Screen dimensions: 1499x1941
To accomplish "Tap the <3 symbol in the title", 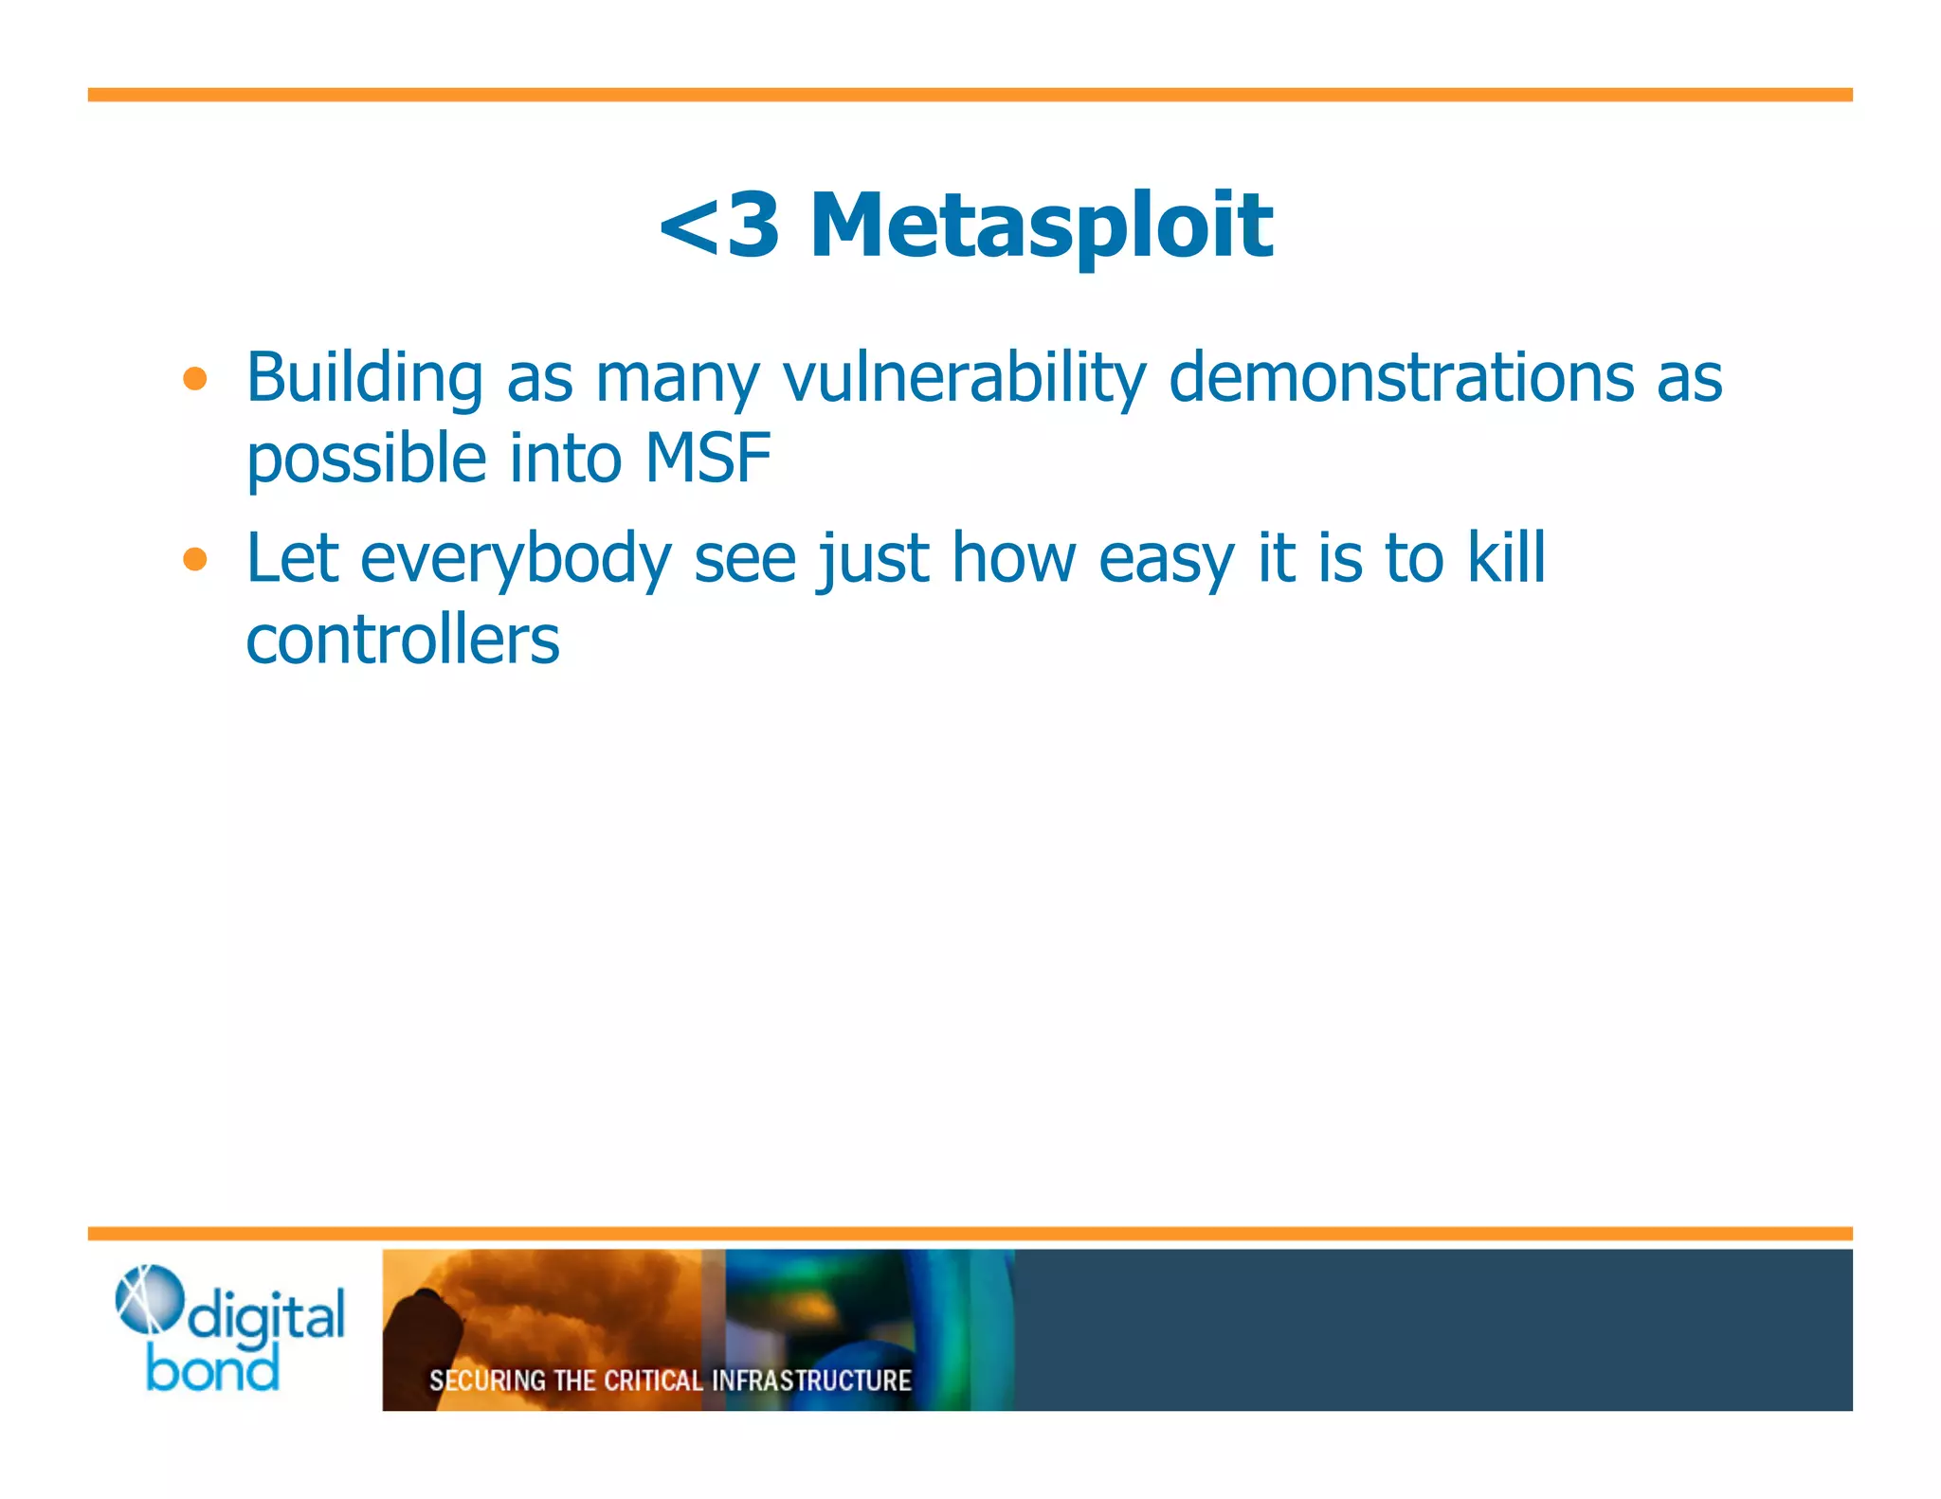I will tap(720, 226).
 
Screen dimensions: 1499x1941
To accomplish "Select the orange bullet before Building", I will tap(195, 380).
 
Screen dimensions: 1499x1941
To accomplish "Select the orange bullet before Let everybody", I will tap(195, 560).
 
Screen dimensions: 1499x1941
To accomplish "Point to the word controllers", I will tap(403, 641).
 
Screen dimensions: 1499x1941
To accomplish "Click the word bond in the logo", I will tap(212, 1370).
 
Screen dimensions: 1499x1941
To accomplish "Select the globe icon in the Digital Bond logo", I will tap(147, 1298).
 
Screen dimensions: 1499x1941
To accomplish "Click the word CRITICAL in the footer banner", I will tap(653, 1381).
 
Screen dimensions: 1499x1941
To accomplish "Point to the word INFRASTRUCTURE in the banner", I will tap(811, 1381).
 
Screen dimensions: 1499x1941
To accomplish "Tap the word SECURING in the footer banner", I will tap(487, 1381).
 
